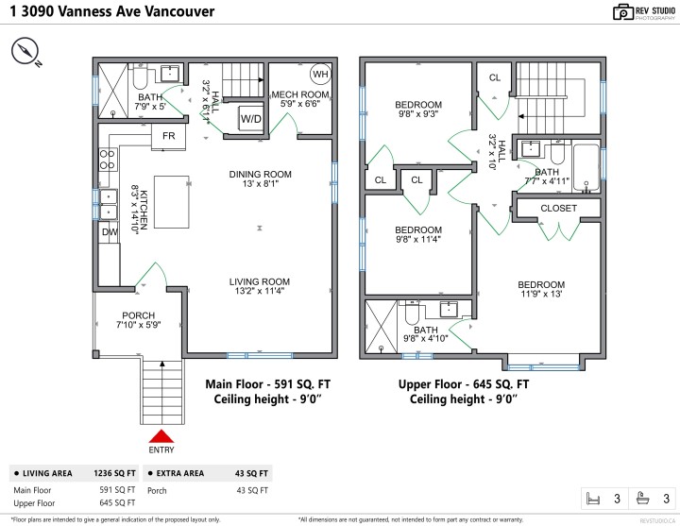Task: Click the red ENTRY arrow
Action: pyautogui.click(x=161, y=435)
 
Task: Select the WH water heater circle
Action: pyautogui.click(x=320, y=75)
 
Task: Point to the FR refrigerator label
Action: pyautogui.click(x=169, y=137)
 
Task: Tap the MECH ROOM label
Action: pyautogui.click(x=299, y=95)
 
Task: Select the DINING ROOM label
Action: pyautogui.click(x=261, y=174)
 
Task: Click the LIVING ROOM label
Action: pyautogui.click(x=259, y=281)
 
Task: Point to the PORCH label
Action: pyautogui.click(x=138, y=315)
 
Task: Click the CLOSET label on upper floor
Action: pyautogui.click(x=558, y=208)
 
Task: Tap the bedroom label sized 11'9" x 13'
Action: pyautogui.click(x=540, y=285)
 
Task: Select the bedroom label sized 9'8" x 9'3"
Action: pyautogui.click(x=417, y=104)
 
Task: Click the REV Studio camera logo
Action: pyautogui.click(x=622, y=12)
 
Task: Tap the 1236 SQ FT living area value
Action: pyautogui.click(x=116, y=473)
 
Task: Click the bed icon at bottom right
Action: pyautogui.click(x=593, y=498)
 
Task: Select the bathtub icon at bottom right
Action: pyautogui.click(x=643, y=498)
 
